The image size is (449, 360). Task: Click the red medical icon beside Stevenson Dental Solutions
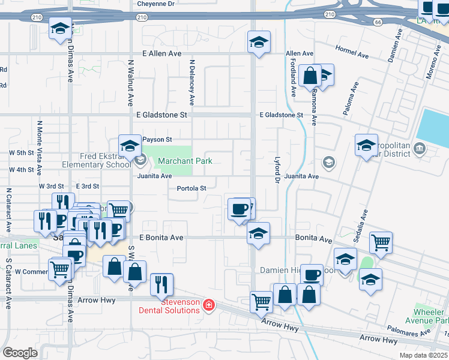pos(208,305)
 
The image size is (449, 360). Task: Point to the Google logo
pos(20,352)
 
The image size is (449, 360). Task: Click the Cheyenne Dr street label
pos(155,4)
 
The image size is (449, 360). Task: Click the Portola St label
pos(191,188)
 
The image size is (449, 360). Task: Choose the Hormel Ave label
pos(352,51)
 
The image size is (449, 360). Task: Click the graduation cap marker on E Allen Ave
pos(259,42)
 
